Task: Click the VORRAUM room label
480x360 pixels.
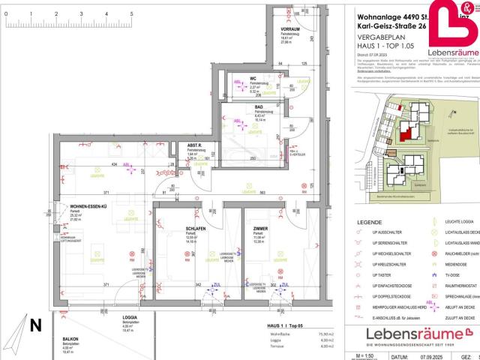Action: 290,29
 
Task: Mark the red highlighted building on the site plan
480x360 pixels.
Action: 406,133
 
